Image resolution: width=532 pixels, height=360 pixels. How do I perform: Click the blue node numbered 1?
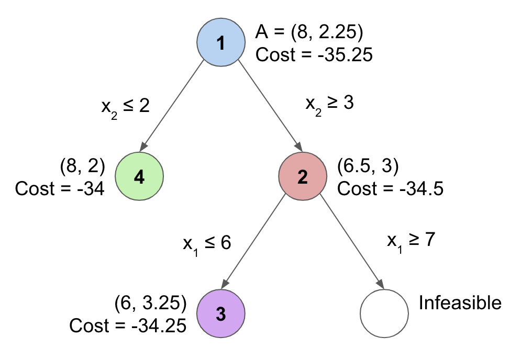(221, 42)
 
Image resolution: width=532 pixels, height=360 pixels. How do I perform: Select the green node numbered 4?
(139, 177)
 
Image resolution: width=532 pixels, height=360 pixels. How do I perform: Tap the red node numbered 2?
(302, 177)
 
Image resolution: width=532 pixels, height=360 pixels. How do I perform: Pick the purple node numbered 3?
(220, 313)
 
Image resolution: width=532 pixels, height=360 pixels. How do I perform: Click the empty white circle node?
(384, 313)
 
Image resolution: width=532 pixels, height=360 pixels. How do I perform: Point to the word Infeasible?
(460, 303)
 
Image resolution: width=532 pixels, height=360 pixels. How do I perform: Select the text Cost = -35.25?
(314, 54)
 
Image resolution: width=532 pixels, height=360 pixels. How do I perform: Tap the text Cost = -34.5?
(390, 188)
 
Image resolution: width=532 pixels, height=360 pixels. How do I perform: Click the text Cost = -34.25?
(128, 325)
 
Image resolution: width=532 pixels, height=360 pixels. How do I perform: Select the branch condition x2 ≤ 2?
(125, 107)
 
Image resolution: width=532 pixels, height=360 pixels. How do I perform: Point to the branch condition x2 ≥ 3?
(330, 104)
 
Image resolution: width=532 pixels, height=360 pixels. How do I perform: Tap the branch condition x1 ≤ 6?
(207, 243)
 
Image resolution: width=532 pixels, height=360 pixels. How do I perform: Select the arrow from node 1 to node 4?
(173, 105)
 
